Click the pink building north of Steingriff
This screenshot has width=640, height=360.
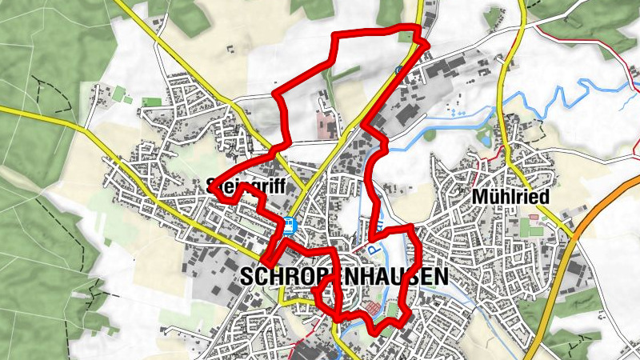(327, 124)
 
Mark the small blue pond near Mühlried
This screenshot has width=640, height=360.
(484, 138)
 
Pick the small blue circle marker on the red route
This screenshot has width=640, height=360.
(398, 71)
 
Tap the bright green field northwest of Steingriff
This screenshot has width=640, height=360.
(150, 102)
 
